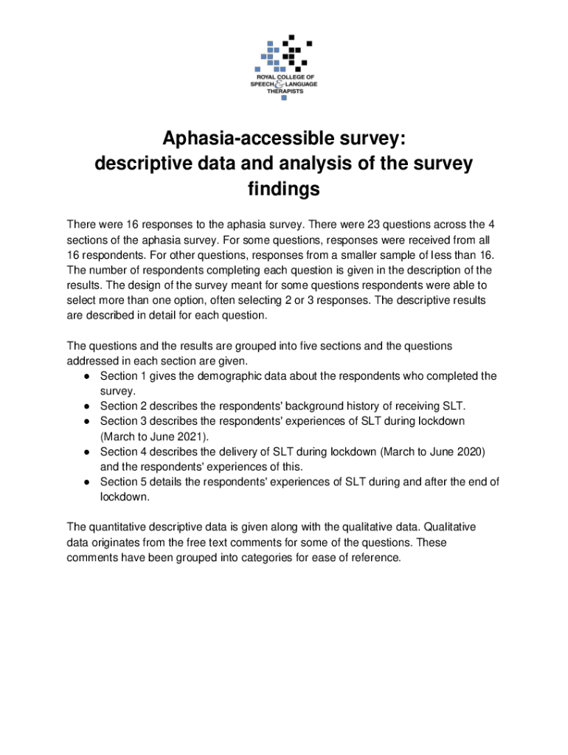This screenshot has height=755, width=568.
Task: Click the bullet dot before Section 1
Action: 87,377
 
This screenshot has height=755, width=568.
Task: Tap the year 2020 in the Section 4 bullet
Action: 470,452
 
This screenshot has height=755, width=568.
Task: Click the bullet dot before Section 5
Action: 87,482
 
